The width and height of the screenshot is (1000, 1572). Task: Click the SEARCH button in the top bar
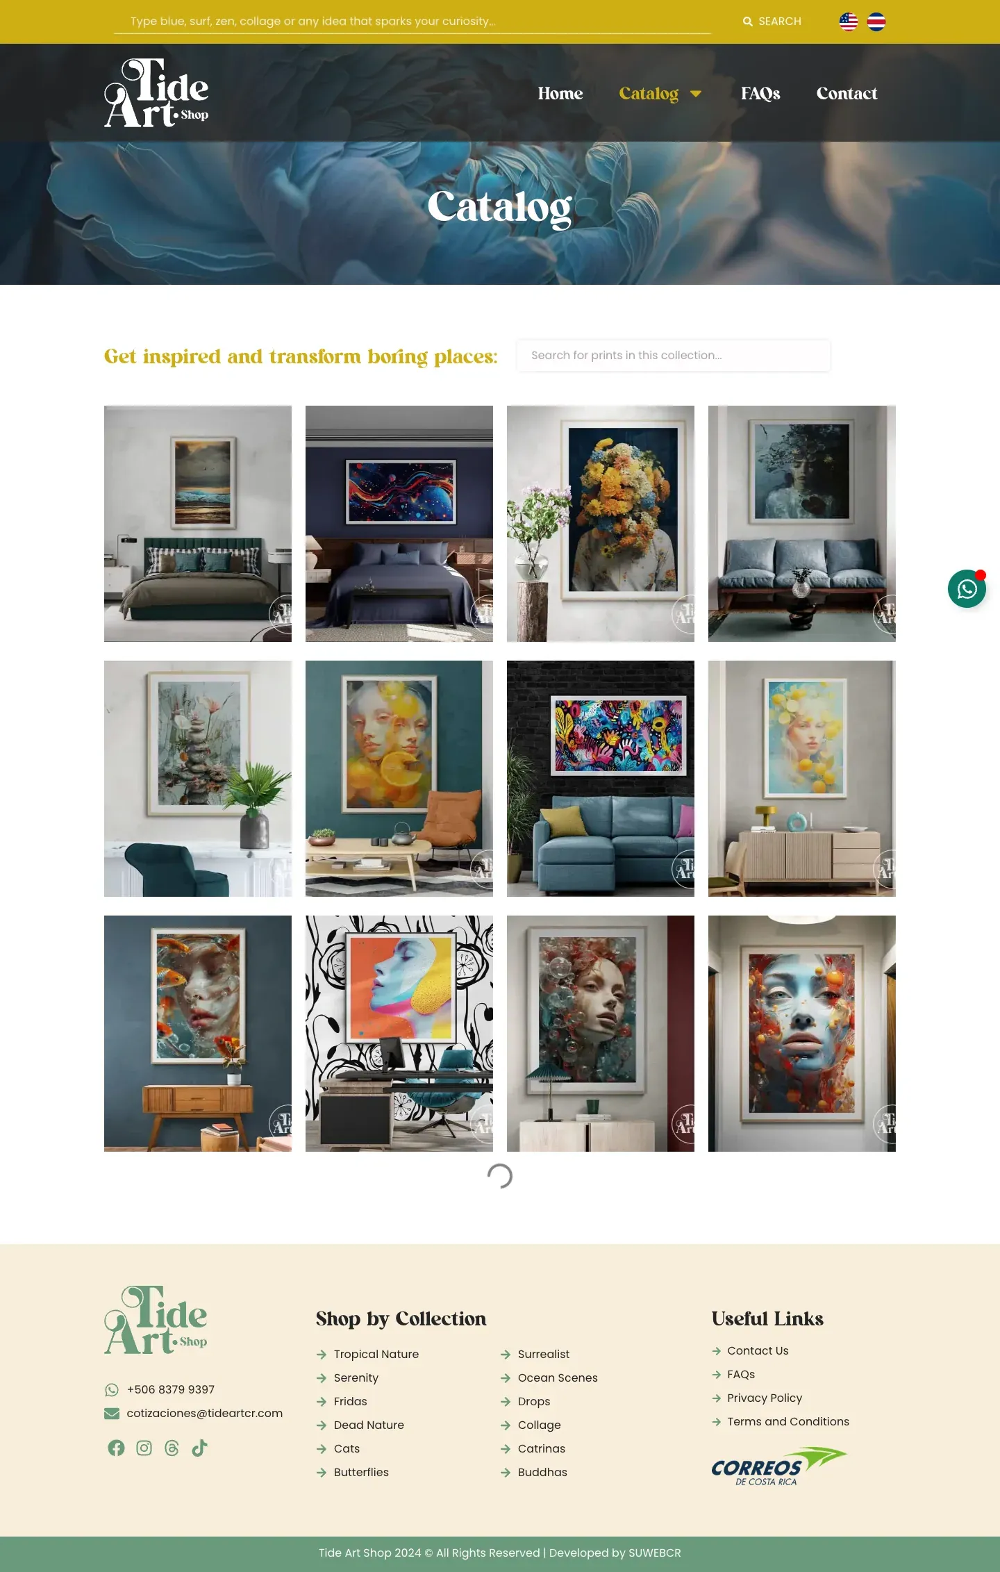click(x=772, y=22)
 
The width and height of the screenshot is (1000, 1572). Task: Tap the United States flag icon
click(x=849, y=22)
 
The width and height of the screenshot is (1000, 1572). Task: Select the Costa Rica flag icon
click(x=876, y=22)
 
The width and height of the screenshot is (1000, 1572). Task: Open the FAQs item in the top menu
click(x=760, y=93)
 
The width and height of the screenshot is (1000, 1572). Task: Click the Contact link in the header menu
click(x=847, y=93)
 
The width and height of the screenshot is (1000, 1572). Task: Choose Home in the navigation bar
click(x=560, y=93)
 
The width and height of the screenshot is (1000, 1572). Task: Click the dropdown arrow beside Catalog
click(x=696, y=94)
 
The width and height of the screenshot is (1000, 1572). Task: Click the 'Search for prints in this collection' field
click(x=673, y=355)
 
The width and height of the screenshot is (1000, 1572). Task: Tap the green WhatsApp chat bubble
click(x=967, y=589)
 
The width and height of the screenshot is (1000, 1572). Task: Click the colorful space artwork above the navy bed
click(x=400, y=492)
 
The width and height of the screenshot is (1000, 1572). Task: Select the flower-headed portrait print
click(x=623, y=510)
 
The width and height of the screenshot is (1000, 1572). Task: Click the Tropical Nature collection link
click(x=376, y=1354)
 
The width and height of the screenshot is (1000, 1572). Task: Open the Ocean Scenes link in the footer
click(x=558, y=1377)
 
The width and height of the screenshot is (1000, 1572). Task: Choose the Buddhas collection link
click(x=542, y=1472)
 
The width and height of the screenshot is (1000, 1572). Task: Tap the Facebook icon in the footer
click(x=116, y=1448)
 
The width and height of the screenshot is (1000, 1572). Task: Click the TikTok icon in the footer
click(x=199, y=1448)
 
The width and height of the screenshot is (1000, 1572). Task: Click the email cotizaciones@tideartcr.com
click(x=204, y=1413)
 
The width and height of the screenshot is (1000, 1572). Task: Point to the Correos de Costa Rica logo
click(x=778, y=1466)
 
